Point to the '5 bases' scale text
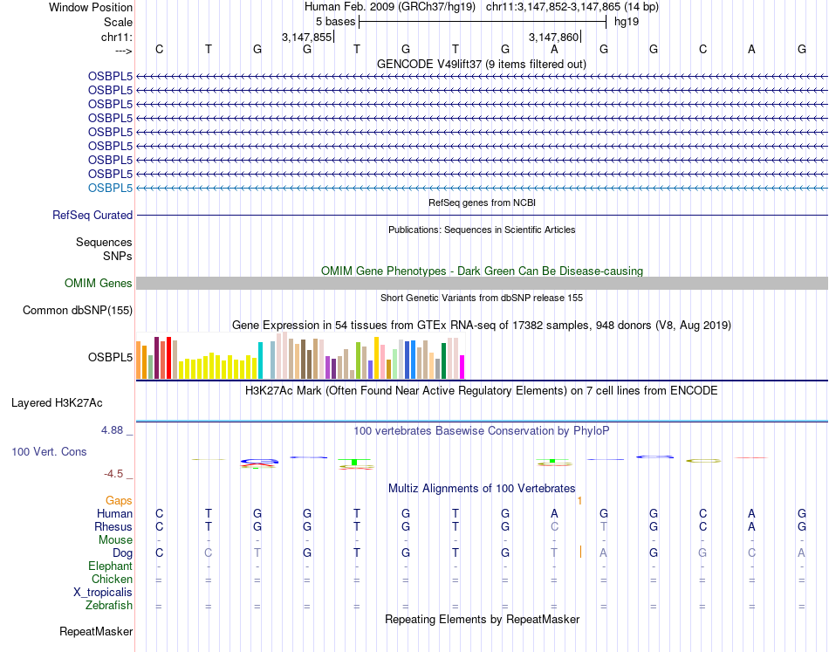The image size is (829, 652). (335, 21)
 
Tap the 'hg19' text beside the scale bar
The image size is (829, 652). (627, 21)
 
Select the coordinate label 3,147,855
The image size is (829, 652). (306, 37)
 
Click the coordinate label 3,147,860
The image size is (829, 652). (554, 37)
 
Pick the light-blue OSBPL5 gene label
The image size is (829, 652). (110, 188)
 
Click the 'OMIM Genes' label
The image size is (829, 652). (99, 283)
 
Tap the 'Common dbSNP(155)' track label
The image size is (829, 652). (78, 310)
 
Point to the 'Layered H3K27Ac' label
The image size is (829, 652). (57, 403)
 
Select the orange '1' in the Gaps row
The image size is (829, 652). (579, 500)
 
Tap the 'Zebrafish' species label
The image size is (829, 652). (109, 605)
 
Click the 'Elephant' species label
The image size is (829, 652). (110, 566)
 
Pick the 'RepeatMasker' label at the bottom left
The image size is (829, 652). (96, 631)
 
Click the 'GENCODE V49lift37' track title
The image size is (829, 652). (481, 64)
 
